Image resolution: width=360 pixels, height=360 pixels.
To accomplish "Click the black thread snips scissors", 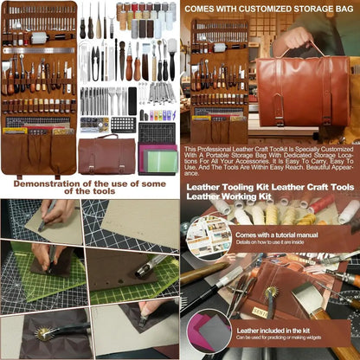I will click(95, 57).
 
